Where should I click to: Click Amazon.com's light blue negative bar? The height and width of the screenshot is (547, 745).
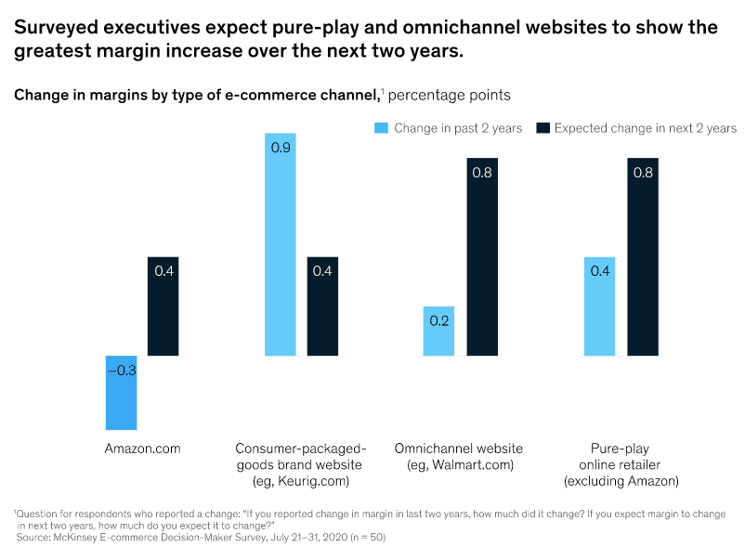coord(121,393)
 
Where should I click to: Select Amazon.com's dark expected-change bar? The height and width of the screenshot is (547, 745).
coord(164,306)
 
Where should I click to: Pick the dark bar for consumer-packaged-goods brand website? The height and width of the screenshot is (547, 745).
coord(323,306)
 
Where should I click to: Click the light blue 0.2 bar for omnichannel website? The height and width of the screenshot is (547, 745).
coord(439,332)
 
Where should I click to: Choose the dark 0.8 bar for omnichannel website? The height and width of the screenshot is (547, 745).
coord(483,257)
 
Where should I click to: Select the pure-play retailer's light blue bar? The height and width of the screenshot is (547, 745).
coord(599,306)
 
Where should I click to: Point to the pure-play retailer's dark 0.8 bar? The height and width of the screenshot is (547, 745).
coord(643,257)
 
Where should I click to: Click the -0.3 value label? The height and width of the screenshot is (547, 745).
coord(121,370)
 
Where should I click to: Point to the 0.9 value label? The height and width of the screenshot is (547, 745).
coord(281,147)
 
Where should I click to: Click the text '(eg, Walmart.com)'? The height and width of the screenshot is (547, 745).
coord(461,464)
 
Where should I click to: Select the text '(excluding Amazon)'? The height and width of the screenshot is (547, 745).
coord(621,481)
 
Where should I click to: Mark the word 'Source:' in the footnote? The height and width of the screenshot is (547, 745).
coord(35,537)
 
